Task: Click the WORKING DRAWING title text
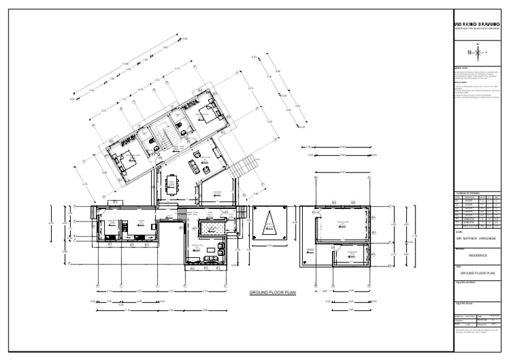[x=477, y=24]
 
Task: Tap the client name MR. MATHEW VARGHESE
[x=477, y=236]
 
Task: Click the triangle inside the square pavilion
[x=269, y=225]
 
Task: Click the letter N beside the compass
[x=469, y=52]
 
